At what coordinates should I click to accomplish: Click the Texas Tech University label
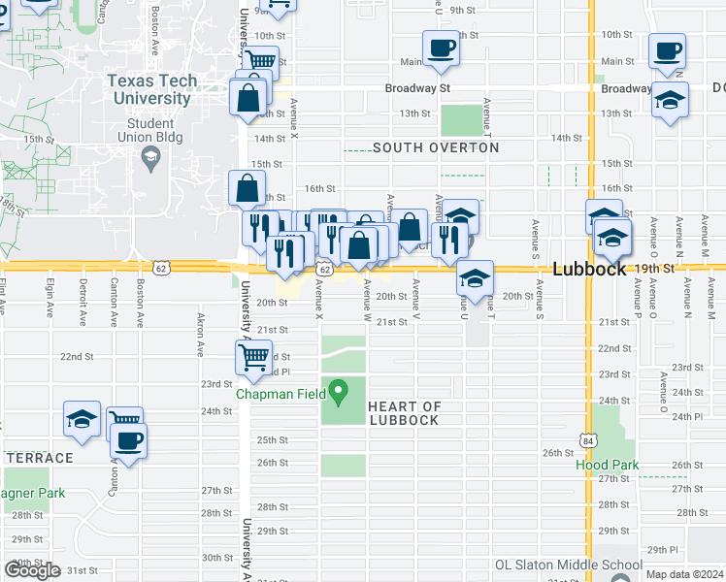152,90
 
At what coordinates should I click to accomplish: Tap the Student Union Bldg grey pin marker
150,159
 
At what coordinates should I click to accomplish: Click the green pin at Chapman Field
339,393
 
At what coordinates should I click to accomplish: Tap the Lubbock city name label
590,270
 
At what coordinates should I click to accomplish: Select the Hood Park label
608,465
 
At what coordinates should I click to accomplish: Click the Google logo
33,570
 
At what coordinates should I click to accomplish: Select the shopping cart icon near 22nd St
253,356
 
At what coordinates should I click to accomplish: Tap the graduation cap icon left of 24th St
82,419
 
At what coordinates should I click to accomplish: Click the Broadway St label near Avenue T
418,88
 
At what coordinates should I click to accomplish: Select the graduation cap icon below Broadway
670,101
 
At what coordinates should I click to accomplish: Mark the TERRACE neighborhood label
39,458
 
